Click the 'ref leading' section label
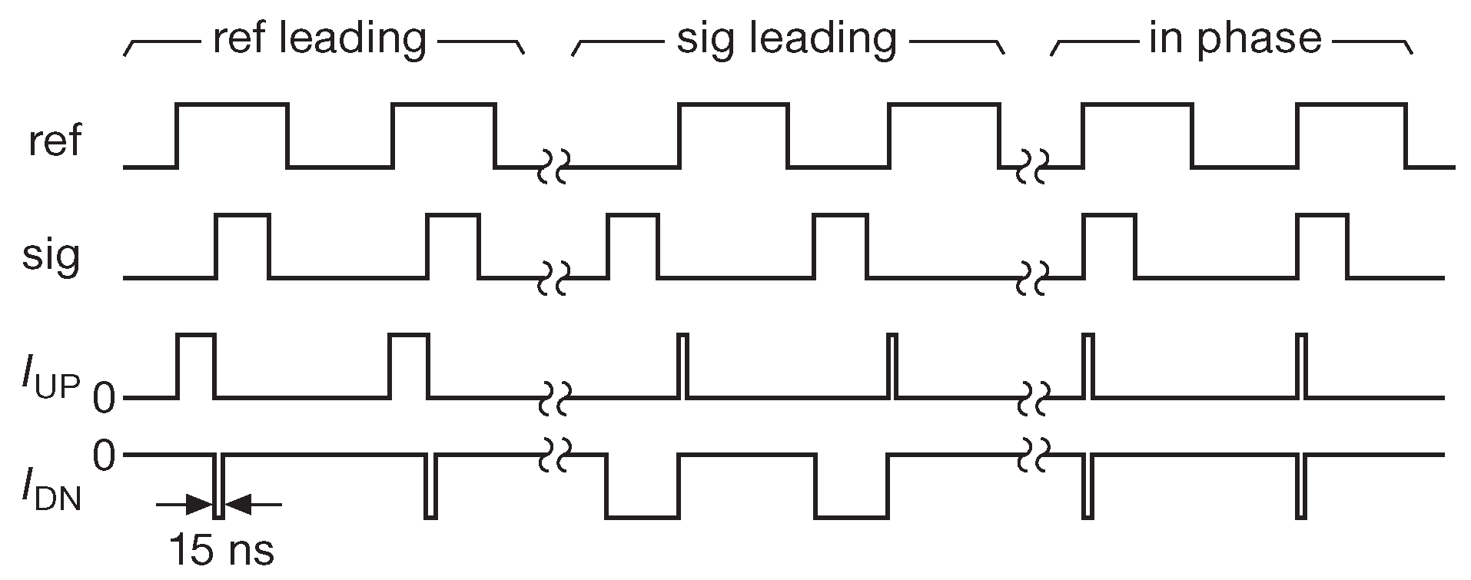(x=319, y=38)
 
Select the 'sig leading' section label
(x=786, y=38)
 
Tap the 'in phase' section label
(x=1234, y=38)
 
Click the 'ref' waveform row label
(x=54, y=141)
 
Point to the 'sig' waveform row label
(x=51, y=257)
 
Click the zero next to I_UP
(x=105, y=397)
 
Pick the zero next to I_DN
(x=105, y=456)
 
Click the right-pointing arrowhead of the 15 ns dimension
(x=201, y=505)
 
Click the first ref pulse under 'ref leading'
(x=233, y=135)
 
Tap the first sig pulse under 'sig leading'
(x=632, y=246)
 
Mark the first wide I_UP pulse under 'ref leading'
(x=196, y=366)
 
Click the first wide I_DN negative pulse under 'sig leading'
(x=643, y=486)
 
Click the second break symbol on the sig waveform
(x=1031, y=277)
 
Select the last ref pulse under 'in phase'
(x=1351, y=135)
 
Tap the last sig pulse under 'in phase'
(x=1322, y=246)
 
